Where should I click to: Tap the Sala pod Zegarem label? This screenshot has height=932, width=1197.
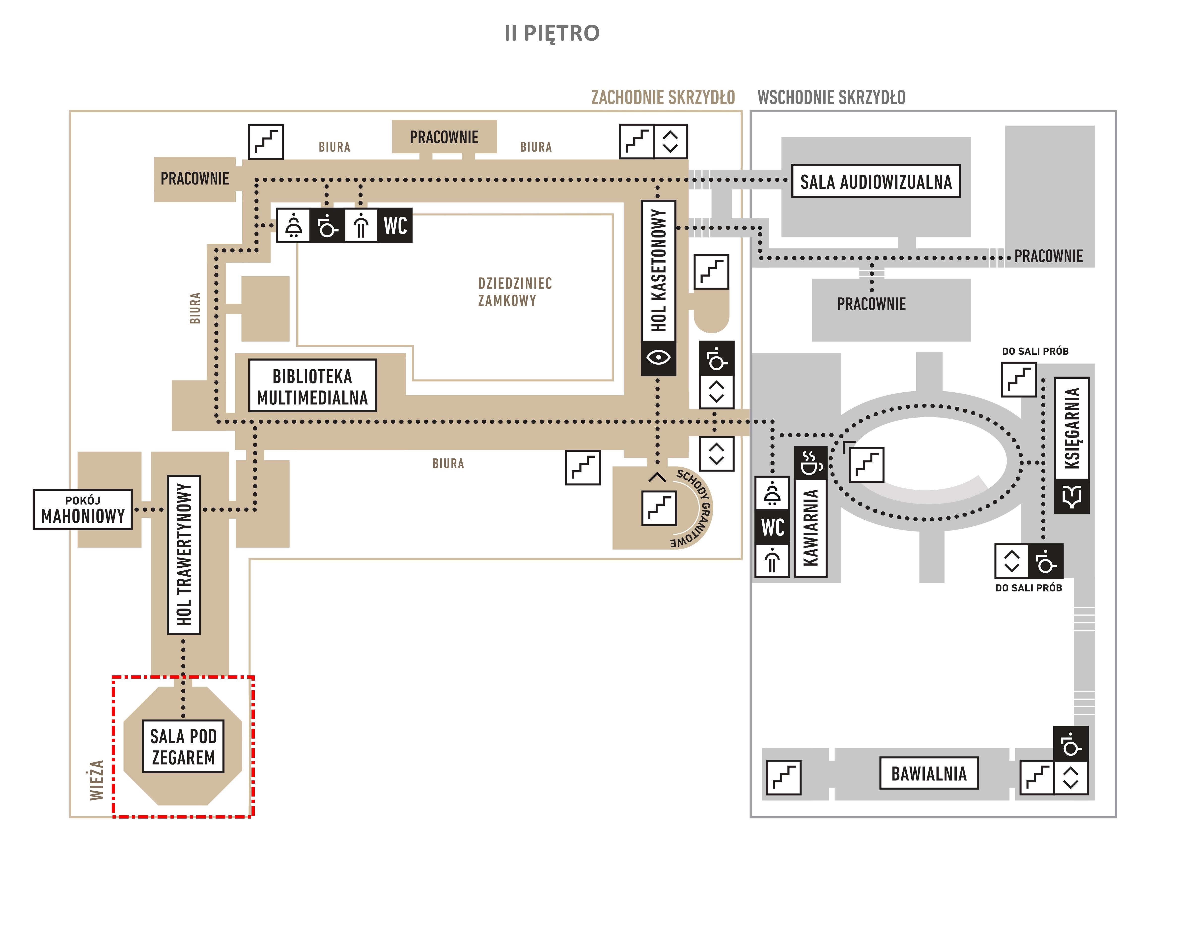coord(183,746)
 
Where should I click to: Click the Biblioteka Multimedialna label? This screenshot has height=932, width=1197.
coord(312,386)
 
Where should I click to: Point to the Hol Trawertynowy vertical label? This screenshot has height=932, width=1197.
coord(184,555)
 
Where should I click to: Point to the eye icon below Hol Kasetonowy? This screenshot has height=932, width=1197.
coord(658,357)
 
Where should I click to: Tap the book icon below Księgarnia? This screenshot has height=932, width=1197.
coord(1072,496)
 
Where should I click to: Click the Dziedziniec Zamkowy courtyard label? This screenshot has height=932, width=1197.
coord(515,292)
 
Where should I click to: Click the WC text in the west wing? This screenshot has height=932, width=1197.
coord(395,225)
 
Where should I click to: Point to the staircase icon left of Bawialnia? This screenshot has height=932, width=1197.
coord(783,777)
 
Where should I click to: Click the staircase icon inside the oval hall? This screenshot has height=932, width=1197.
coord(866,465)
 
